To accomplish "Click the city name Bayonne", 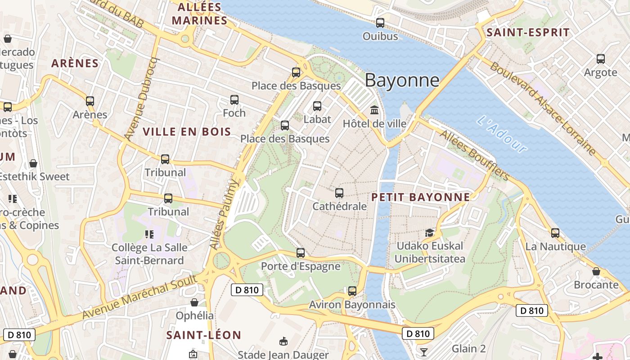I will point(402,80).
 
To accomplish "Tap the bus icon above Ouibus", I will point(380,23).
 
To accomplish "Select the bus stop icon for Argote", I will point(601,59).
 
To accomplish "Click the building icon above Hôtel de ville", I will point(374,110).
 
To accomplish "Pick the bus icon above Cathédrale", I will point(339,193).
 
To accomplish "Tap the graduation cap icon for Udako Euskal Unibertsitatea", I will point(430,233).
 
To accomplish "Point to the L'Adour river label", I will point(502,134).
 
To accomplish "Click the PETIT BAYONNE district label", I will point(420,197).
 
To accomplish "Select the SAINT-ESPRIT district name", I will point(528,32).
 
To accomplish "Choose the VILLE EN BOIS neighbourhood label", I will point(187,132).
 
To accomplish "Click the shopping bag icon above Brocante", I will point(596,271).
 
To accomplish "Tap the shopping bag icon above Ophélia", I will point(194,302).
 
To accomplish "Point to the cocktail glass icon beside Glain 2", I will point(423,351).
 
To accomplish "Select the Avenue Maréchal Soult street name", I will point(140,297).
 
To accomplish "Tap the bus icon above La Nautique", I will point(555,233).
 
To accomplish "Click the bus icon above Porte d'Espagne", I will point(301,253).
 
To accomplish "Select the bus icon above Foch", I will point(234,100).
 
